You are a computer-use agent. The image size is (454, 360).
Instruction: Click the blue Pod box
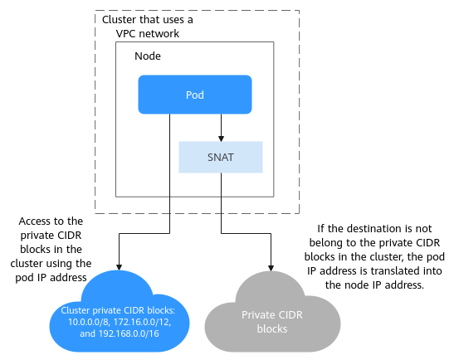[x=195, y=95]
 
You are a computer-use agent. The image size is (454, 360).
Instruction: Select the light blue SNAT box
[x=221, y=157]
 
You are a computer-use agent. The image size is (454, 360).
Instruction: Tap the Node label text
[x=148, y=56]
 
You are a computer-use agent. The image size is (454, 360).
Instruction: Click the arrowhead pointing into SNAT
[x=222, y=139]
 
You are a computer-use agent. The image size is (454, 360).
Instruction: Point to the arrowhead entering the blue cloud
[x=119, y=267]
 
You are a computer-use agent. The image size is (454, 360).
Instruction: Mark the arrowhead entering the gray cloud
[x=271, y=268]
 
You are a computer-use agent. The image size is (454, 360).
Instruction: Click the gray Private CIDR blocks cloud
[x=272, y=312]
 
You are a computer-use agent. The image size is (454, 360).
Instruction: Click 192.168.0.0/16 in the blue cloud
[x=129, y=333]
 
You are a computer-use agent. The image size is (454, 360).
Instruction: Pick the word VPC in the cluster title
[x=125, y=33]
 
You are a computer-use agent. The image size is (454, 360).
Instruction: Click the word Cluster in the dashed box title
[x=119, y=20]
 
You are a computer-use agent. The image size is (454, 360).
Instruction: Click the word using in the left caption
[x=56, y=264]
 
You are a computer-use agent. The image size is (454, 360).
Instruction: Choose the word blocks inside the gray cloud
[x=272, y=328]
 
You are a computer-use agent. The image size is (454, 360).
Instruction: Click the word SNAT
[x=221, y=158]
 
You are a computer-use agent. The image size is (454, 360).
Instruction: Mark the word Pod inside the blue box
[x=195, y=95]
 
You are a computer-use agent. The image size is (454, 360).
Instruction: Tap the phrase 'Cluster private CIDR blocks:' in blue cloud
[x=118, y=310]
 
